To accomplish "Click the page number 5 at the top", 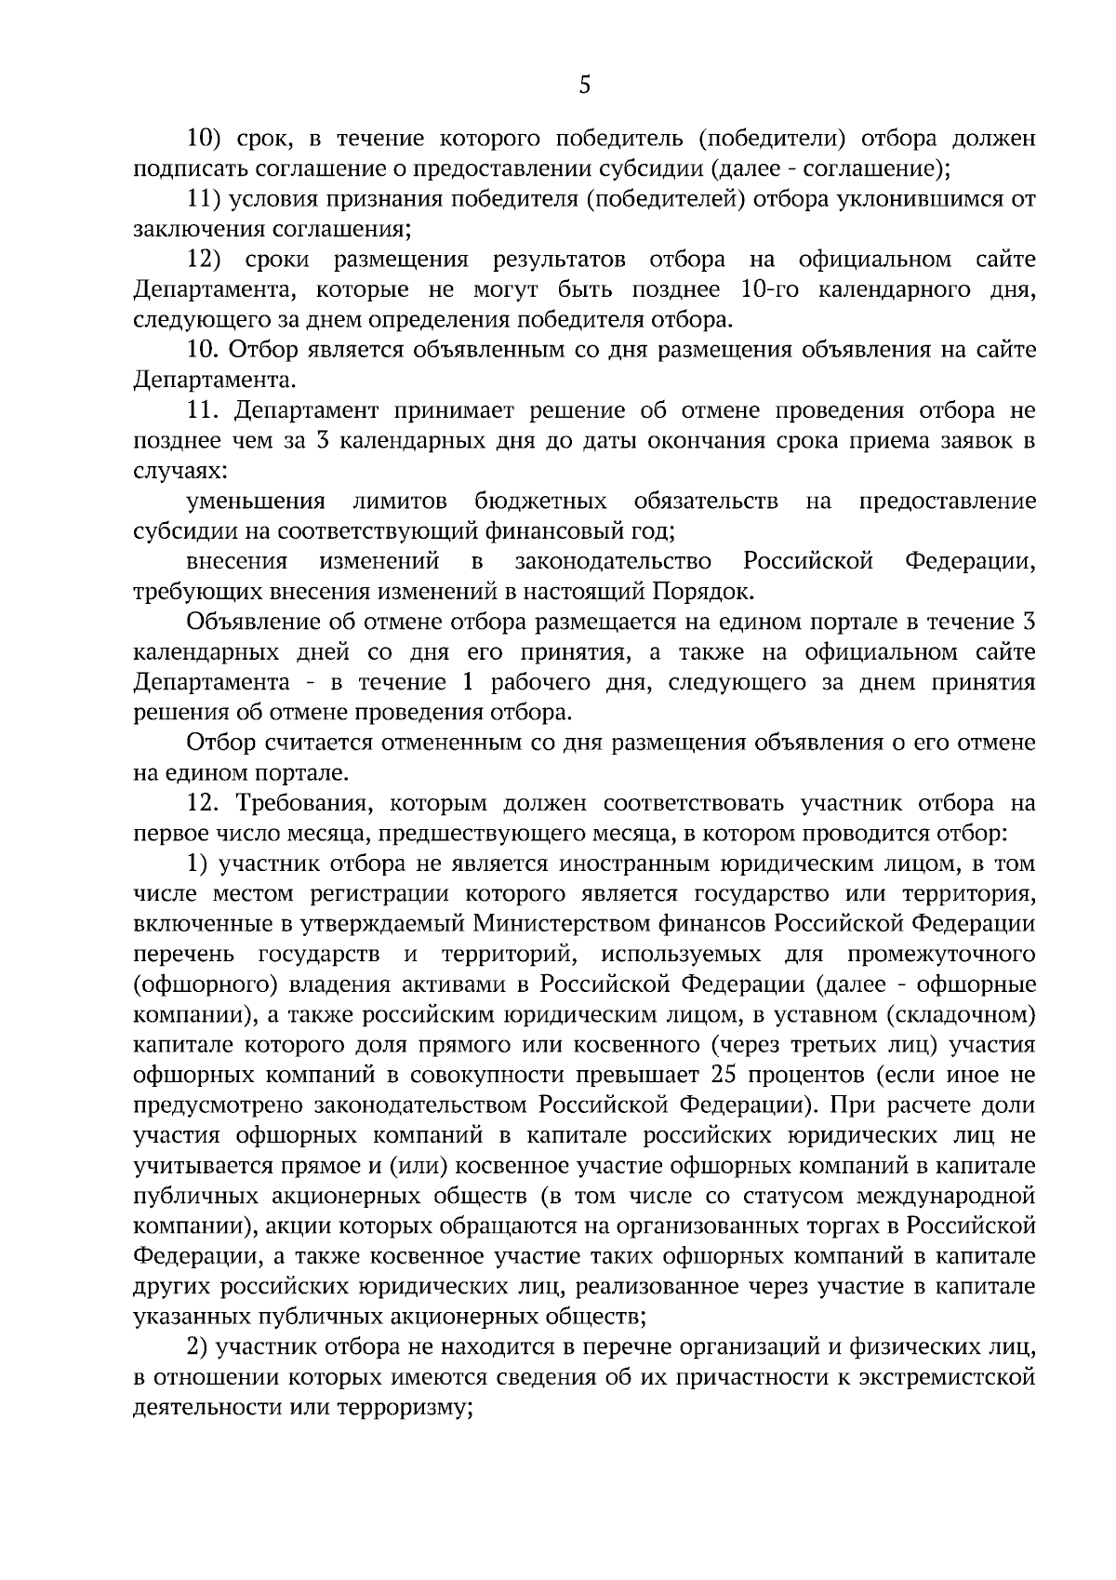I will click(584, 86).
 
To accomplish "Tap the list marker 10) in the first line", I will click(203, 140).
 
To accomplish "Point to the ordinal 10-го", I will click(771, 290).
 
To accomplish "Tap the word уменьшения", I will click(256, 502).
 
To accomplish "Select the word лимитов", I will click(400, 502).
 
